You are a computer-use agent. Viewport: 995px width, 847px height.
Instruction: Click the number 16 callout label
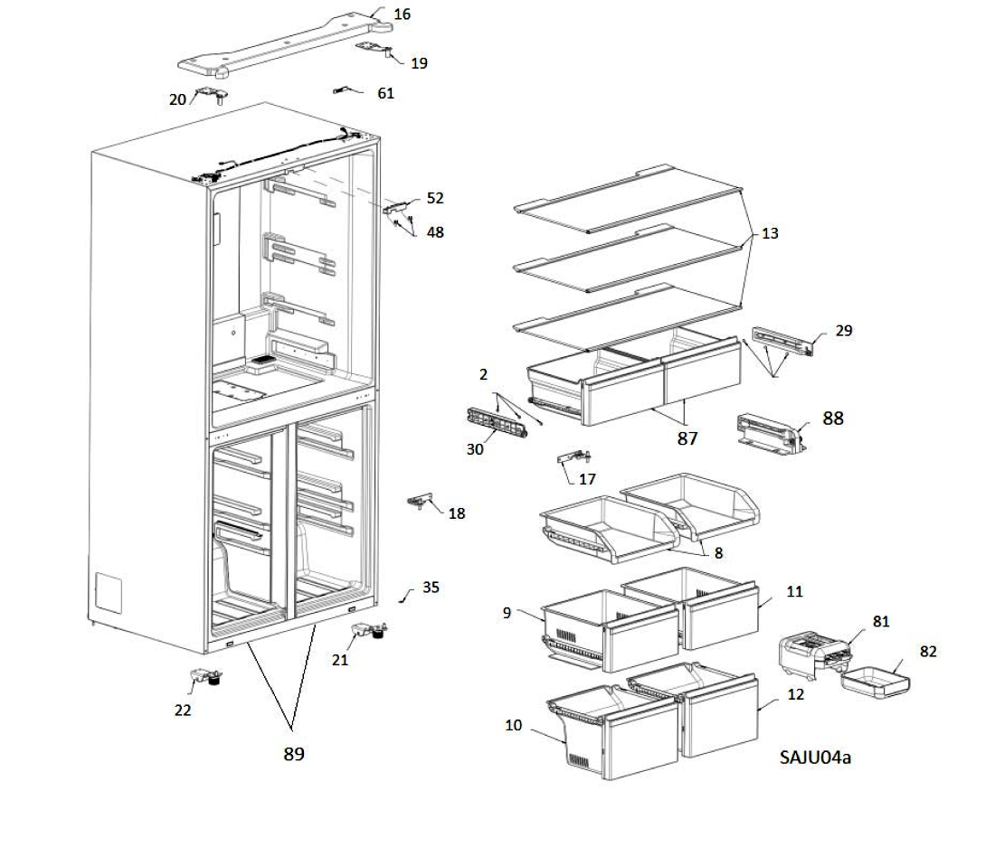(402, 14)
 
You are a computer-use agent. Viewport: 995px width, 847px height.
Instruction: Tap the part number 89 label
(294, 754)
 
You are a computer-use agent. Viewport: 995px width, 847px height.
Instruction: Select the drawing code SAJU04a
(815, 757)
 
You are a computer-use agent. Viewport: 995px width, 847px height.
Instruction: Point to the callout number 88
(832, 419)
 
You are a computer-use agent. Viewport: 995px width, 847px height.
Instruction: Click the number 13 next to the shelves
(770, 233)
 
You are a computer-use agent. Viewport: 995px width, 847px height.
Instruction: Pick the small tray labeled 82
(876, 682)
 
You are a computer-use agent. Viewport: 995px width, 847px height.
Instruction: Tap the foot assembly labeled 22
(207, 677)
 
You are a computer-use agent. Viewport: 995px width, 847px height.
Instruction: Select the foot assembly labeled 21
(370, 631)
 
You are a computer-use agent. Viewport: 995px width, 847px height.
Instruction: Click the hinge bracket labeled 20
(213, 95)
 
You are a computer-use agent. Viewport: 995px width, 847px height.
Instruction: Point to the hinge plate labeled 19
(374, 48)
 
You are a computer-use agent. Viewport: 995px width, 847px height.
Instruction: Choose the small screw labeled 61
(341, 90)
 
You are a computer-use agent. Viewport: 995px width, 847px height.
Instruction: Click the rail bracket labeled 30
(497, 423)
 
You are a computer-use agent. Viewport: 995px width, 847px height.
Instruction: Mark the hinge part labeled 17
(574, 456)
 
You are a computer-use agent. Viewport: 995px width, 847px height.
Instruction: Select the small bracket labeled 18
(420, 501)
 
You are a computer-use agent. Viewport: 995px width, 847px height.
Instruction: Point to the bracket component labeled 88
(772, 434)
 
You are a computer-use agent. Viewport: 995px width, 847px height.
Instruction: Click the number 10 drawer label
(514, 725)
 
